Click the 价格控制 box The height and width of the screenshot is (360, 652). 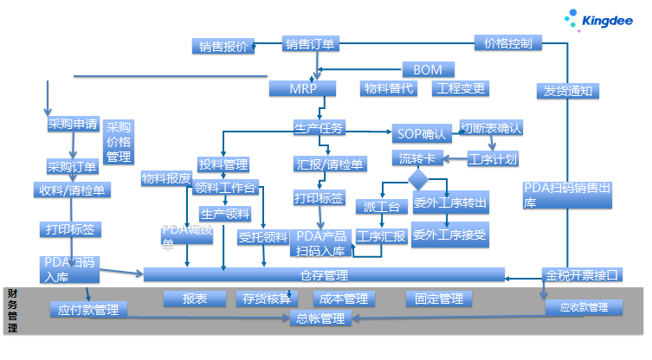tap(508, 42)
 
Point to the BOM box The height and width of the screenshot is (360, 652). tap(428, 69)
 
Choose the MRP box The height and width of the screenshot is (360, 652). tap(302, 88)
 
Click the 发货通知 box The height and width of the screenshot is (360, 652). tap(567, 90)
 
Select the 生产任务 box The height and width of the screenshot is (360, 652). tap(320, 129)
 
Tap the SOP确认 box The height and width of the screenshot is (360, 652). tap(421, 134)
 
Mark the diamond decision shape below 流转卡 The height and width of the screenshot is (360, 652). tap(418, 179)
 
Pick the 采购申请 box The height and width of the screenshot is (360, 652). tap(73, 124)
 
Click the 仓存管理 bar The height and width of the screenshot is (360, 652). tap(323, 275)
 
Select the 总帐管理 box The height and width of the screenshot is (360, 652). tap(320, 319)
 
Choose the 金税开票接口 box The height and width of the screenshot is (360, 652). tap(582, 276)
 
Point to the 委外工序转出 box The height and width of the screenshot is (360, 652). tap(449, 204)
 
